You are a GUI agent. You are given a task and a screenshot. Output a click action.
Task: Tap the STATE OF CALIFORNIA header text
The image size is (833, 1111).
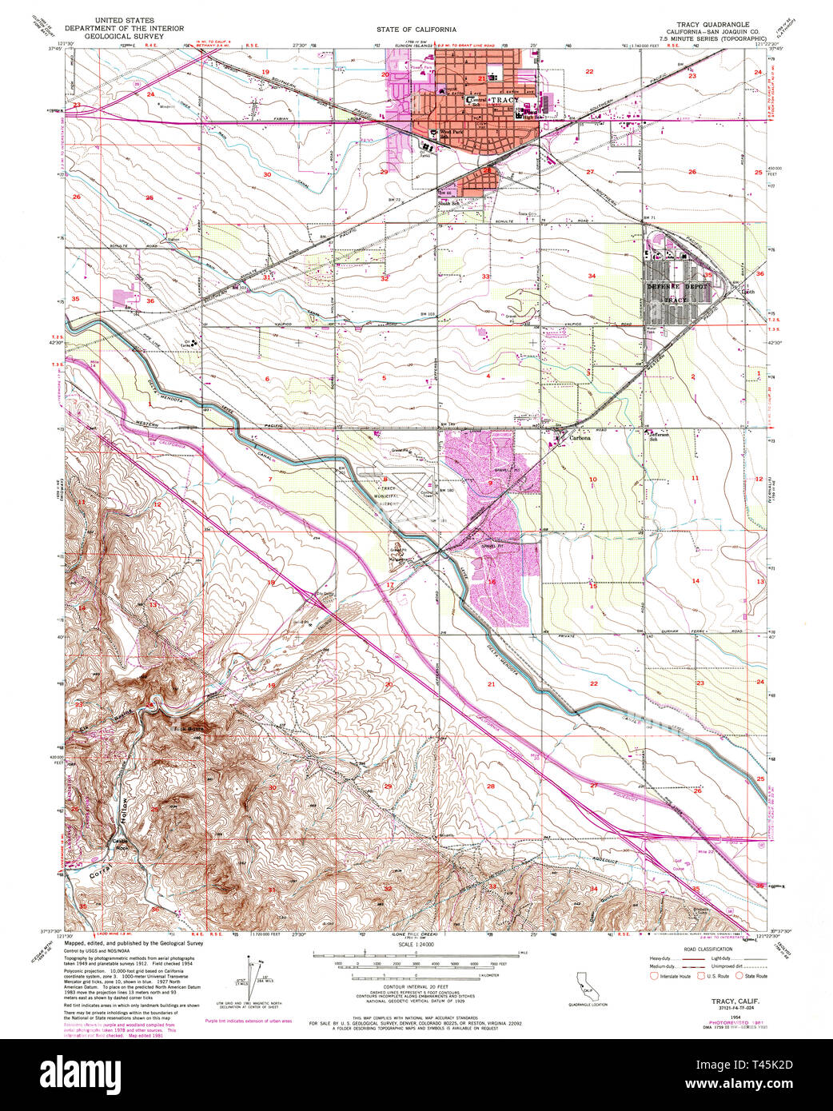[x=416, y=29]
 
